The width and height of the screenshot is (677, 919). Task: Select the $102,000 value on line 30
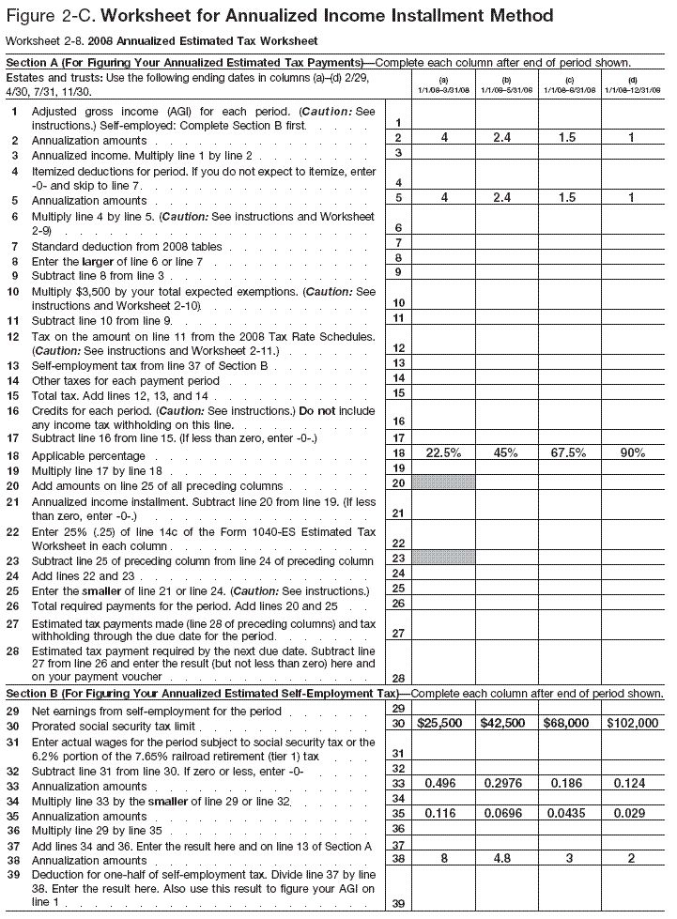(x=633, y=724)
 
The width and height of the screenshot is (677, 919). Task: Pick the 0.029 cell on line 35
(x=633, y=814)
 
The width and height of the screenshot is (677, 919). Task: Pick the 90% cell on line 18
(x=633, y=452)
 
